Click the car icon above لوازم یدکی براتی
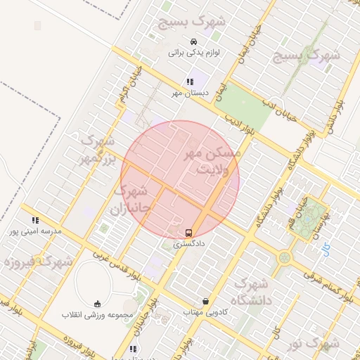pos(193,42)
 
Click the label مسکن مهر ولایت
pos(212,160)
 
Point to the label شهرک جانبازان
pos(131,200)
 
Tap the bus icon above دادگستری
pos(188,233)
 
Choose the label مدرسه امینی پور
pos(35,231)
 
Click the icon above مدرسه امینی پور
pos(35,220)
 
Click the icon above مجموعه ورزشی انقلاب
pos(97,304)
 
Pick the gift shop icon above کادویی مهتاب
pos(205,301)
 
